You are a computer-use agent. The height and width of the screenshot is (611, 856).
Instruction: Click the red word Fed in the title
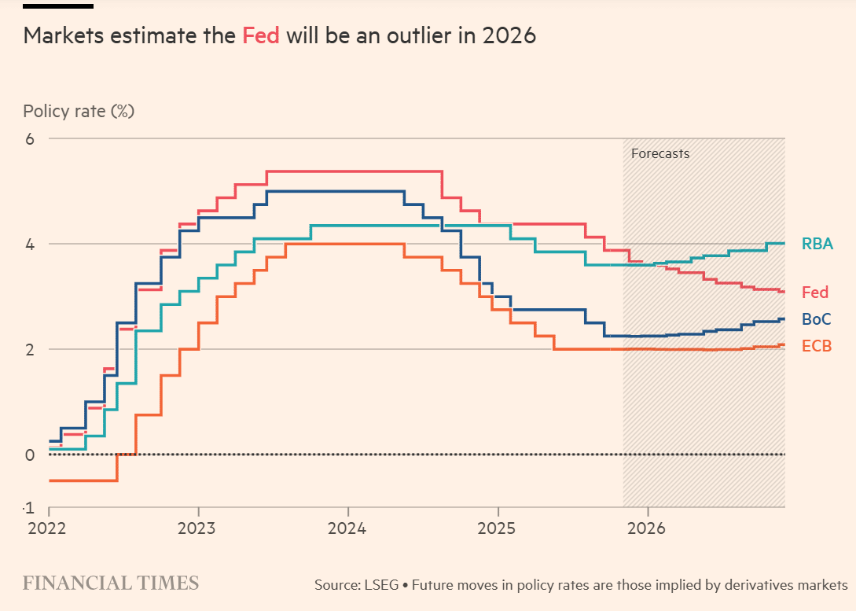261,36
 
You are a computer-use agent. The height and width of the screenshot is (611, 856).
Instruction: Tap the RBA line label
817,244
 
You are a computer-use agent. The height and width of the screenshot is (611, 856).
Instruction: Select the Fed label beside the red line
814,293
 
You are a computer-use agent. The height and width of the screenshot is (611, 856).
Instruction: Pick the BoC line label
816,319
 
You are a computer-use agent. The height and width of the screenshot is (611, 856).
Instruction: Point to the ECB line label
816,346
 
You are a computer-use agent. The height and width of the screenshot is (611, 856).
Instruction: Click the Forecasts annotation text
659,153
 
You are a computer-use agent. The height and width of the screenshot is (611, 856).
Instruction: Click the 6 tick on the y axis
31,138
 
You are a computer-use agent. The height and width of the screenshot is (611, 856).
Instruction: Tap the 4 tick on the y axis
31,244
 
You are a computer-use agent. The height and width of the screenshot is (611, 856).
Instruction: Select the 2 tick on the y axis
31,349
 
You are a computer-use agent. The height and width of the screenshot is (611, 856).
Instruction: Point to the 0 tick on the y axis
31,455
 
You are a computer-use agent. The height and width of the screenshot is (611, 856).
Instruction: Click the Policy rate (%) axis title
79,111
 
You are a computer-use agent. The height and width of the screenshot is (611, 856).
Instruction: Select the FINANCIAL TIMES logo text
111,583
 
